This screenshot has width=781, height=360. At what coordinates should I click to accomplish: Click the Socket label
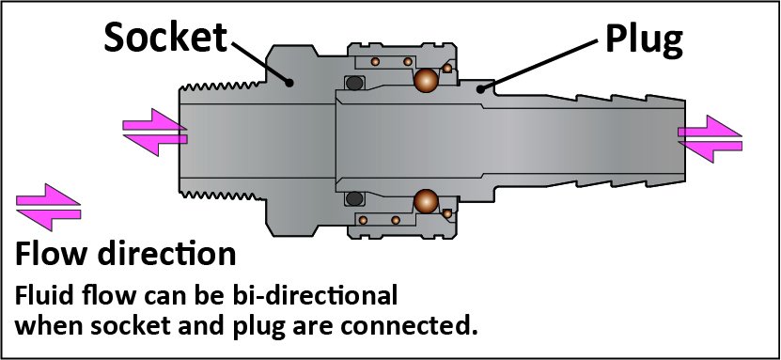[164, 38]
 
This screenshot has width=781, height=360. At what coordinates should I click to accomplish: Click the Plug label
[644, 39]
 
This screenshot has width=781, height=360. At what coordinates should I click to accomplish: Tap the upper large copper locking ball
[427, 80]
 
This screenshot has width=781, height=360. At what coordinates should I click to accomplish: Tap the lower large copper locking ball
[427, 202]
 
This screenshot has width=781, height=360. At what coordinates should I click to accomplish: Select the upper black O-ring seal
[354, 83]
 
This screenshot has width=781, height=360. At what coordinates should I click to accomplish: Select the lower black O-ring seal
[354, 198]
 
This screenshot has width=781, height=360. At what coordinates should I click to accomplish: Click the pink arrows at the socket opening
[155, 132]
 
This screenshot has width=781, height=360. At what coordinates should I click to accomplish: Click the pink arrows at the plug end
[710, 139]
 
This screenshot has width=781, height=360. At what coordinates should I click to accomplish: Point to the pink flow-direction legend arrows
[48, 207]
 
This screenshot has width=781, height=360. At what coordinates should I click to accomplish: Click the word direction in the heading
[166, 254]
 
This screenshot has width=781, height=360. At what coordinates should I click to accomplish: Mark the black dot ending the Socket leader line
[289, 83]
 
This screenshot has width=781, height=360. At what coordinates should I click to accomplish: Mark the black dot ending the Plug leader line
[480, 89]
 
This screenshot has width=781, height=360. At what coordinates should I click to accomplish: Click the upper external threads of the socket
[223, 86]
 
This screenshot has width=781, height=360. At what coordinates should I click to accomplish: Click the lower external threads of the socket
[223, 195]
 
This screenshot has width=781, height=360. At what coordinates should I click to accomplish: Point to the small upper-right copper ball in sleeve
[447, 69]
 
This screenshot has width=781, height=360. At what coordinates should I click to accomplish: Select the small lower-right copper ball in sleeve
[447, 213]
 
